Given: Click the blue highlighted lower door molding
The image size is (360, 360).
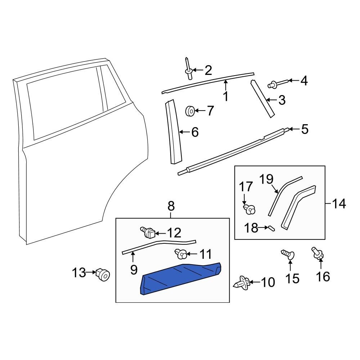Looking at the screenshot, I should [182, 279].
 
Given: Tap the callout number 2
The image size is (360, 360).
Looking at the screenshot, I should [208, 70].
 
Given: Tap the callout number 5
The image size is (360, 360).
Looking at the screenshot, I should [305, 129].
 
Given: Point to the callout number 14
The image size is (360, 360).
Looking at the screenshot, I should [339, 204].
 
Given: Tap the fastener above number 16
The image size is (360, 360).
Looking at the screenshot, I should [317, 253].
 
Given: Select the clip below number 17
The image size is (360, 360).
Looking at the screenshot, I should [249, 208].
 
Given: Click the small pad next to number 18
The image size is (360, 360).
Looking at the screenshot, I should [271, 228].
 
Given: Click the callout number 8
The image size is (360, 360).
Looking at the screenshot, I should [171, 206].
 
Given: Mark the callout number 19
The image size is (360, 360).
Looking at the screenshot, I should [266, 179].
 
